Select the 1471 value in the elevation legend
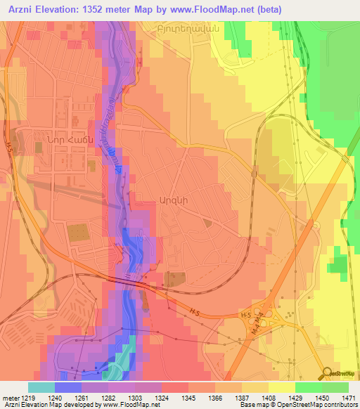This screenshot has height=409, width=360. pos(348,397)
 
